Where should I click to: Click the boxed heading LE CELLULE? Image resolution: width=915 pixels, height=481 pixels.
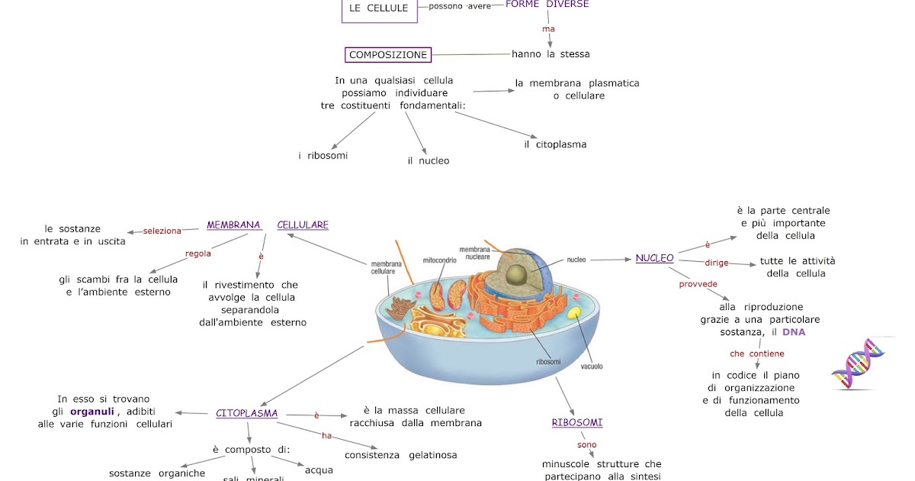click(379, 8)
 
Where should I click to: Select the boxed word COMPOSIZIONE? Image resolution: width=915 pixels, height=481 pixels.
click(388, 55)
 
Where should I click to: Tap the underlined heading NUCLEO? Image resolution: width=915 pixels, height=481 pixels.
click(655, 258)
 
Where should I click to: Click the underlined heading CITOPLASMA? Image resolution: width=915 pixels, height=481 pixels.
click(246, 414)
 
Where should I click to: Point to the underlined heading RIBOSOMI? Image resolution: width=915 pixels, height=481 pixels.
click(577, 423)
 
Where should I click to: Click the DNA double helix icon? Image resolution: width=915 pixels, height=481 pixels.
click(857, 364)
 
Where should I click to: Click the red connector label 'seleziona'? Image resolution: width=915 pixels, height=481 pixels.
click(162, 231)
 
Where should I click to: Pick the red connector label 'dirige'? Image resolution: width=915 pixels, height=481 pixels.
click(717, 263)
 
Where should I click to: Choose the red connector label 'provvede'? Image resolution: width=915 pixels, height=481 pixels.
click(698, 284)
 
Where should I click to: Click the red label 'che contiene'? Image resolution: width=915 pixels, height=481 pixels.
click(756, 353)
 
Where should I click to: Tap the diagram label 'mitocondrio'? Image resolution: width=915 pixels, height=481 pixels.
click(439, 260)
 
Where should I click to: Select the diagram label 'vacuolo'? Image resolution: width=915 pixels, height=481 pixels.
click(592, 366)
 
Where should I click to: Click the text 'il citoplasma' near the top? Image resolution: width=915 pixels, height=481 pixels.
click(555, 144)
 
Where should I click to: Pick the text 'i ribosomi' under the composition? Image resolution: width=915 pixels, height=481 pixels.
click(323, 156)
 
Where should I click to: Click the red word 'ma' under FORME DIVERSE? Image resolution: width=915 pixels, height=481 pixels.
click(547, 29)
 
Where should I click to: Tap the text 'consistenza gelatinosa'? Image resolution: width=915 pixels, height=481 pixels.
click(401, 455)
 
